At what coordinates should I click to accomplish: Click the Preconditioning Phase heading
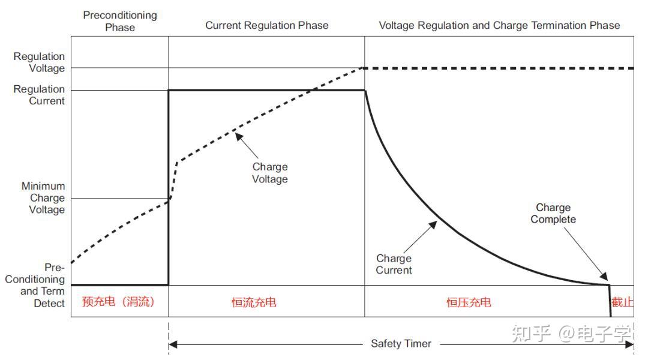(120, 21)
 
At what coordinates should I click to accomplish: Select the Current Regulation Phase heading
(267, 25)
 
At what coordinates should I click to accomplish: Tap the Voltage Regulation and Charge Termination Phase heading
(499, 25)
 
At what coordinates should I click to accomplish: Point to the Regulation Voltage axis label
(39, 62)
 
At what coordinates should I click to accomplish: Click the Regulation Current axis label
(39, 95)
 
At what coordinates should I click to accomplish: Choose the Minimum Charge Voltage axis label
(43, 198)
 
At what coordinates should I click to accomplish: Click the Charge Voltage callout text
(270, 173)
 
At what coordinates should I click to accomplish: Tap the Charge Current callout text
(394, 264)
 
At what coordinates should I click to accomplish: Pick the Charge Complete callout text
(553, 214)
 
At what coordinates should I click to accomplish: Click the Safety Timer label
(401, 344)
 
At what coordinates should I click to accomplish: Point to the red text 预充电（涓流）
(119, 302)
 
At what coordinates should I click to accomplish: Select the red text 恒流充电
(254, 302)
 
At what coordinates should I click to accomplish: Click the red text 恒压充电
(469, 302)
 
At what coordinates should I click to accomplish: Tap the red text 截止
(622, 302)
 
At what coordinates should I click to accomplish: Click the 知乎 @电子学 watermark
(572, 334)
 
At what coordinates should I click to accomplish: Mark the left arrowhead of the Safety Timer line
(172, 344)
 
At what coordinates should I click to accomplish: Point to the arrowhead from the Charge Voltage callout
(238, 136)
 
